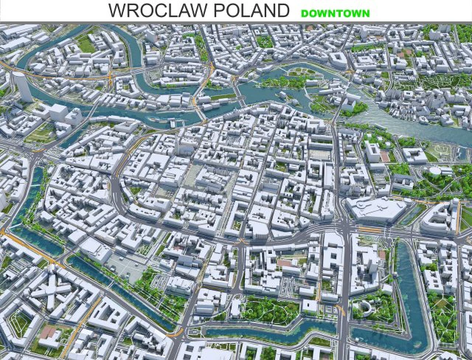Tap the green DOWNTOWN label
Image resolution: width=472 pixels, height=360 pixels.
point(335,13)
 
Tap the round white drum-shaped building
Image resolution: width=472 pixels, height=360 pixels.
point(436,171)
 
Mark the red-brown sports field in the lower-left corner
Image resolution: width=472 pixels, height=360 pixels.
point(49,335)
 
